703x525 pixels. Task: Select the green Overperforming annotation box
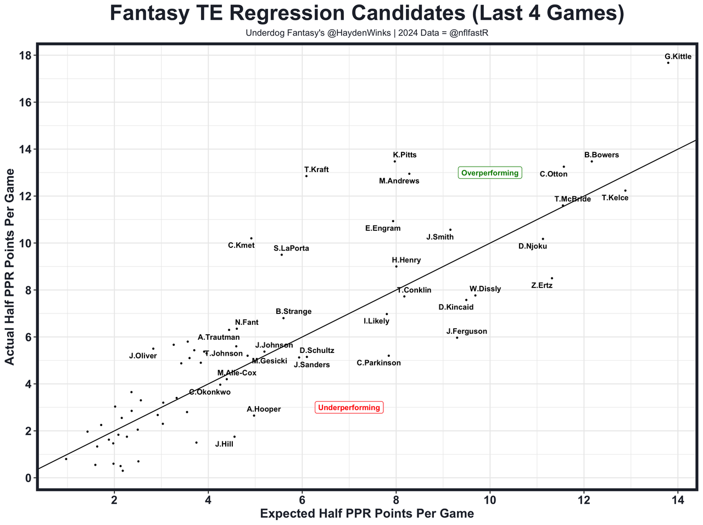(x=489, y=173)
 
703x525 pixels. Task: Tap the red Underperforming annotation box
(x=349, y=407)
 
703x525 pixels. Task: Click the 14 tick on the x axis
(x=678, y=500)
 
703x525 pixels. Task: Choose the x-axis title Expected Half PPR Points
(x=366, y=513)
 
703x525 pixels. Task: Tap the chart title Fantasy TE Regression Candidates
(x=367, y=14)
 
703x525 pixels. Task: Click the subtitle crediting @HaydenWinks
(x=367, y=33)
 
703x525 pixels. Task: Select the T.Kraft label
(x=316, y=170)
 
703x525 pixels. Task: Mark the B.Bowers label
(x=601, y=155)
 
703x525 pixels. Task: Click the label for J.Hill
(x=224, y=444)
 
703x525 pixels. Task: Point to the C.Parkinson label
(x=378, y=363)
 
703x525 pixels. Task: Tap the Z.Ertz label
(x=542, y=286)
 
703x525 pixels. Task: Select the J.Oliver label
(x=143, y=356)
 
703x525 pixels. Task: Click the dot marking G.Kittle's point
(x=668, y=63)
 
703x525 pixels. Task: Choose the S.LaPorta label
(x=291, y=248)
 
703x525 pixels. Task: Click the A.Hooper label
(x=264, y=409)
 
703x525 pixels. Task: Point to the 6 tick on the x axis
(x=302, y=500)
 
